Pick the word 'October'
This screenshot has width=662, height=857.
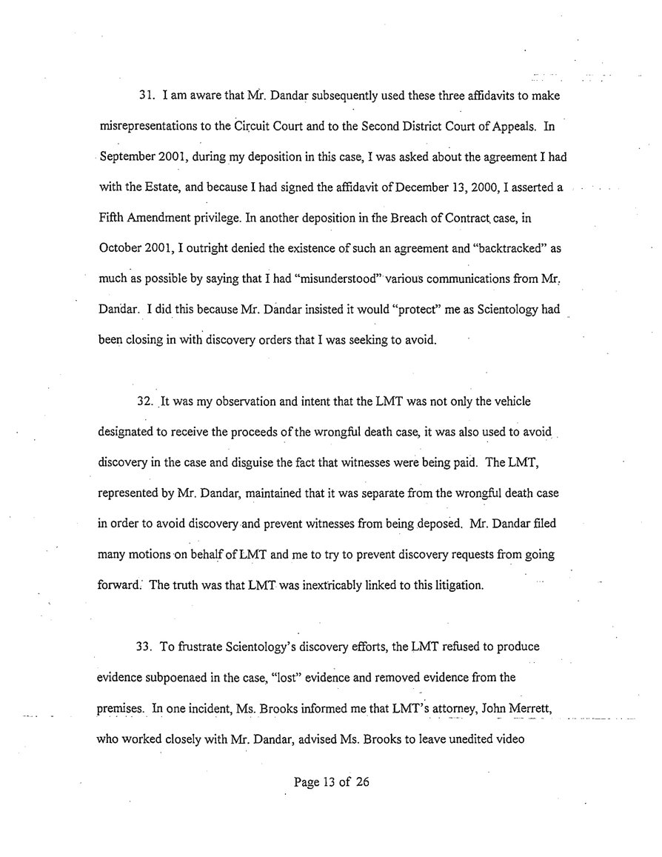click(x=119, y=250)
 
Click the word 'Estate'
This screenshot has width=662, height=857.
click(x=144, y=188)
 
